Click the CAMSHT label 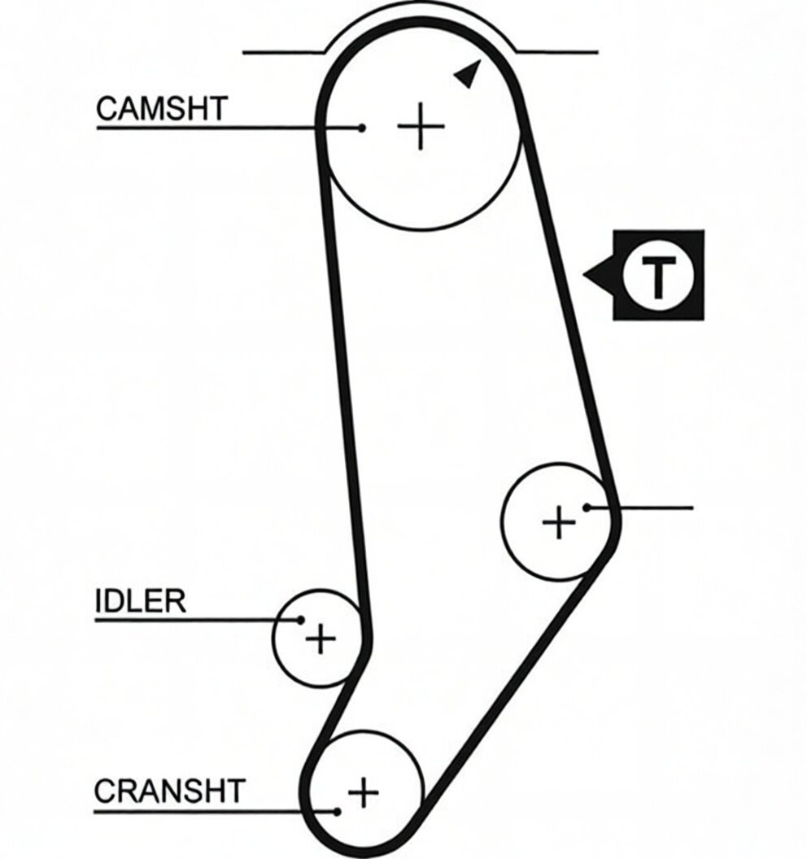162,108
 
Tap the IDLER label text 140,601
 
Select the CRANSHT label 169,791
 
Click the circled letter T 658,275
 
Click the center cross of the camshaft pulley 421,127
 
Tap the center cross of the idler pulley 321,639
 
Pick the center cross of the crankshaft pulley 364,791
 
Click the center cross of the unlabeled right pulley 559,521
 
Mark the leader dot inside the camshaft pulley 361,129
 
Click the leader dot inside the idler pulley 300,620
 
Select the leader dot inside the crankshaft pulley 338,811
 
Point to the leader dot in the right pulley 587,508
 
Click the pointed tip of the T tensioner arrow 583,274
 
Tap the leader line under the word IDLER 197,620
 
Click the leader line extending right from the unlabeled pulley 640,508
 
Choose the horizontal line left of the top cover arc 284,53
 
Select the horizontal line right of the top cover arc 557,53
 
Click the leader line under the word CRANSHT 216,811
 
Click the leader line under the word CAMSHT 229,129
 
